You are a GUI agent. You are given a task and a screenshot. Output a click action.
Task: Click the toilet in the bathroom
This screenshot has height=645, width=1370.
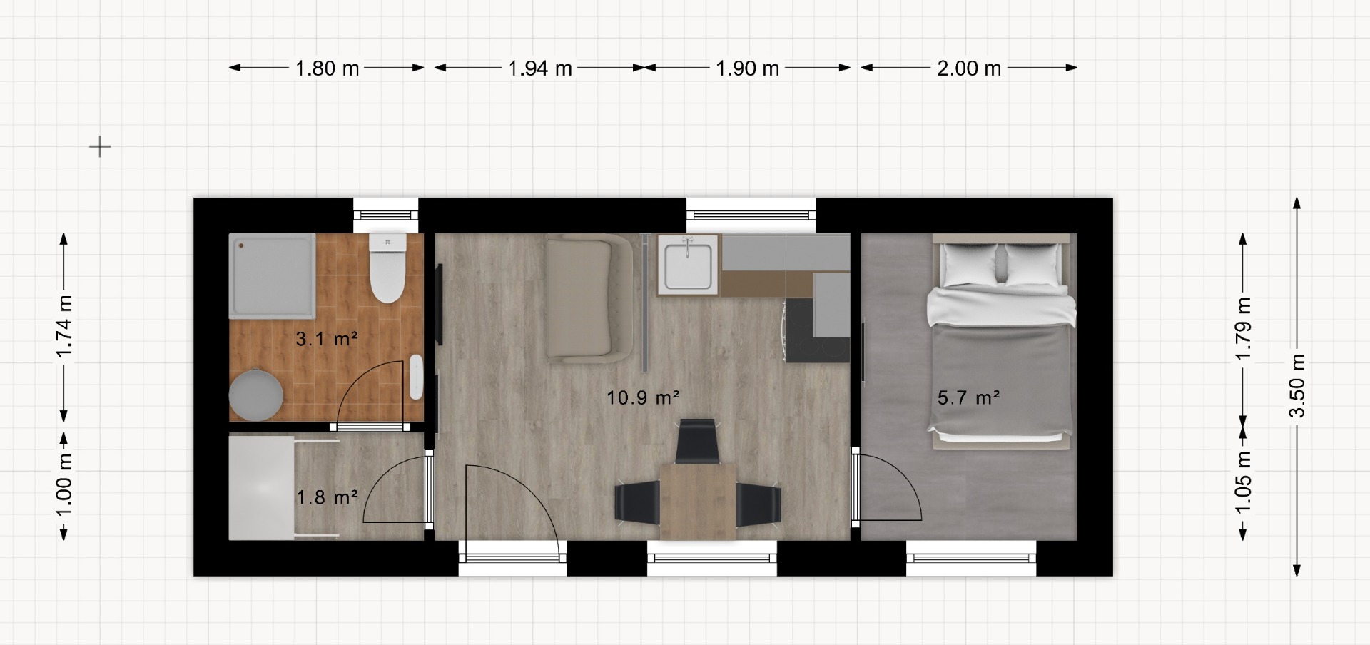pyautogui.click(x=387, y=268)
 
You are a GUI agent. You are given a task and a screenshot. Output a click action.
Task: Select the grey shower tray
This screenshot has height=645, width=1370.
pyautogui.click(x=272, y=275)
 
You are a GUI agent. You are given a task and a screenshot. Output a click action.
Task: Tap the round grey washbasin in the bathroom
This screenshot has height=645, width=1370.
pyautogui.click(x=256, y=394)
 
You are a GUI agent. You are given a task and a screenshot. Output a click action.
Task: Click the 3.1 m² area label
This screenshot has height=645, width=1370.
pyautogui.click(x=327, y=338)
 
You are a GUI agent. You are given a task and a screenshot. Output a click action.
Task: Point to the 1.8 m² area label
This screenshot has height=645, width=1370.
pyautogui.click(x=327, y=497)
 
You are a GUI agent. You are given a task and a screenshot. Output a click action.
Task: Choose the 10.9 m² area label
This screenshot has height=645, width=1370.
pyautogui.click(x=643, y=397)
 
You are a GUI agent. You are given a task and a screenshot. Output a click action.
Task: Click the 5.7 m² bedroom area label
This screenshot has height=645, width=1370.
pyautogui.click(x=968, y=397)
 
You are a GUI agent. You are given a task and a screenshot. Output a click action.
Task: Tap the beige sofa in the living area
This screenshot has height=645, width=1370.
pyautogui.click(x=589, y=298)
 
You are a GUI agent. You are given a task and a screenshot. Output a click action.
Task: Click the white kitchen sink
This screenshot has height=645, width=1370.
pyautogui.click(x=687, y=264)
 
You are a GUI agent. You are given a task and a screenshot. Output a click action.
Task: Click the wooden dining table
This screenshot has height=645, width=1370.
pyautogui.click(x=698, y=501)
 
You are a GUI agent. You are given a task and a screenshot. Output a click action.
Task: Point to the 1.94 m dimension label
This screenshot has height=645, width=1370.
pyautogui.click(x=540, y=68)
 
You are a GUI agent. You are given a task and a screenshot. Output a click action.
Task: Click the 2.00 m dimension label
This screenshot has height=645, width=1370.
pyautogui.click(x=969, y=68)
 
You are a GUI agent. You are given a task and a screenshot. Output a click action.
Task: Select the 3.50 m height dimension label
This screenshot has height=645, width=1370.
pyautogui.click(x=1297, y=386)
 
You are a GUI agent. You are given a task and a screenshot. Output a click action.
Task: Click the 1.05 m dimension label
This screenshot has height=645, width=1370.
pyautogui.click(x=1243, y=482)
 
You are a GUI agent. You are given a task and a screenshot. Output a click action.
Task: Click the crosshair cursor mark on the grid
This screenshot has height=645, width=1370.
pyautogui.click(x=100, y=147)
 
